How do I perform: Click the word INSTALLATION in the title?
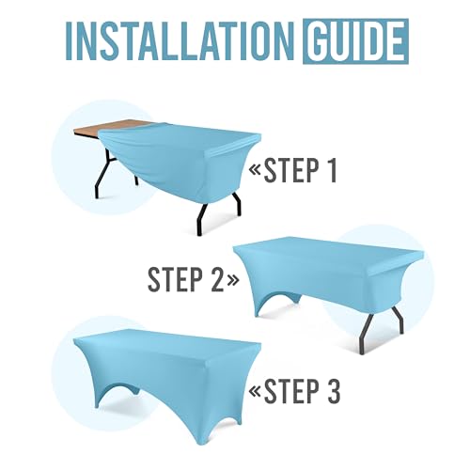180,41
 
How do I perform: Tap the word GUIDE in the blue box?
355,41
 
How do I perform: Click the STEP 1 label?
300,170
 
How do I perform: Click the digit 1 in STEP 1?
332,170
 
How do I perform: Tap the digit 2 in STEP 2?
217,279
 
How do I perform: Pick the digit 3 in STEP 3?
334,391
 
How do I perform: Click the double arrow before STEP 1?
255,171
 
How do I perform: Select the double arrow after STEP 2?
232,280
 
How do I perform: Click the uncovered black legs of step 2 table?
383,329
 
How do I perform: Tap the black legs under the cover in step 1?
219,213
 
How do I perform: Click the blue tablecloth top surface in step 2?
329,251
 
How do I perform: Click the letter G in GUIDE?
319,41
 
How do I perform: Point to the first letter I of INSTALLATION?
70,41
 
